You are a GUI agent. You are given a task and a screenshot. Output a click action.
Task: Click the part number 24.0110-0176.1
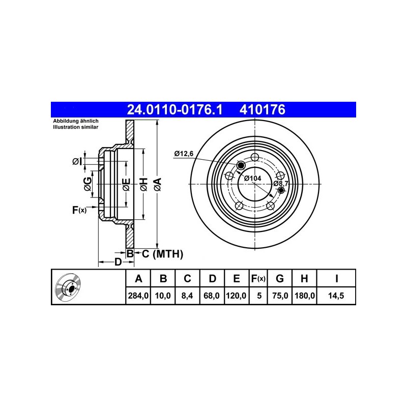175,109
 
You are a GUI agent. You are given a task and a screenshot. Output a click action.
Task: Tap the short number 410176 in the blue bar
263,109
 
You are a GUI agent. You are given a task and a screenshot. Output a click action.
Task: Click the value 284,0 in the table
138,296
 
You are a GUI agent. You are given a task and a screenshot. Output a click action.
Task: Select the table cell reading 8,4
187,296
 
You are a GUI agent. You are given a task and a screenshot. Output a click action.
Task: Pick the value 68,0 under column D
212,296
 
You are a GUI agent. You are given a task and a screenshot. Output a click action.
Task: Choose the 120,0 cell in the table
236,296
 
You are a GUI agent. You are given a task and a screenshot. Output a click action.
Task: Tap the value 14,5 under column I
336,296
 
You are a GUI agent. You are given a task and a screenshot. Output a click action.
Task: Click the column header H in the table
304,278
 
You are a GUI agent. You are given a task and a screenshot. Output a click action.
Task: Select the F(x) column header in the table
258,278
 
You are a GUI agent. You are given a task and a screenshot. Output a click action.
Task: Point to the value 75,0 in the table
280,296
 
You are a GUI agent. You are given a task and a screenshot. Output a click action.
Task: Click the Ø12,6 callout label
184,154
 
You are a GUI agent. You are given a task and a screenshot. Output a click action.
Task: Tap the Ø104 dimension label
252,179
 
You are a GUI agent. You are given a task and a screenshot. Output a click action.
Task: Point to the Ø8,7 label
281,184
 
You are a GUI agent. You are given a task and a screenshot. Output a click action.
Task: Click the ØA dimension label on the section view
157,185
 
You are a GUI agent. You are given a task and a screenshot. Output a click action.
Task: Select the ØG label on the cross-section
88,184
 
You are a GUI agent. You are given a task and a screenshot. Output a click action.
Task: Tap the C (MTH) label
162,254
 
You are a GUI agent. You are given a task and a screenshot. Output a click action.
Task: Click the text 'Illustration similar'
75,127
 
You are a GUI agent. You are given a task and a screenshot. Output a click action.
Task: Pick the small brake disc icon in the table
68,287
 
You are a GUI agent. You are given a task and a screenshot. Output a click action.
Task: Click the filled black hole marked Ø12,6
241,165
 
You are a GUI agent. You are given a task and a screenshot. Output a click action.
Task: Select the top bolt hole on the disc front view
255,157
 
